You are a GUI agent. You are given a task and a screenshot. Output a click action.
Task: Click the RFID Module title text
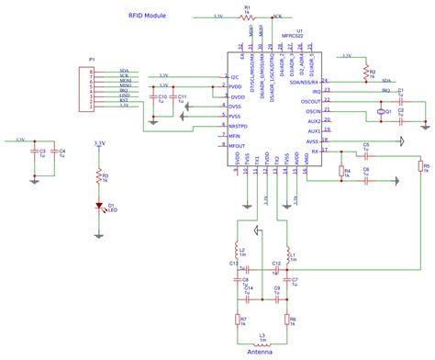[148, 17]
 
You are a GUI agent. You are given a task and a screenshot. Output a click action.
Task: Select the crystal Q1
[380, 112]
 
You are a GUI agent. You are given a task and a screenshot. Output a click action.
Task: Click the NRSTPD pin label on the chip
[238, 126]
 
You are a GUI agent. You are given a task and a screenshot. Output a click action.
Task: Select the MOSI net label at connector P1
[123, 80]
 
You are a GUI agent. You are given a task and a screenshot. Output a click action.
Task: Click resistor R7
[235, 320]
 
